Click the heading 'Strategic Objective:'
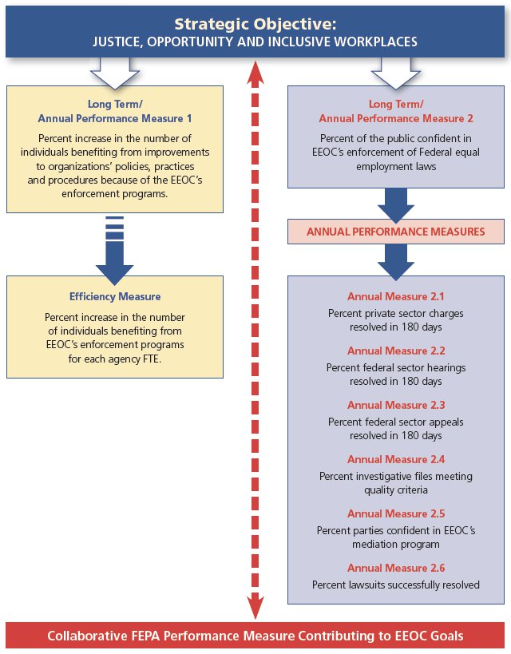(x=255, y=24)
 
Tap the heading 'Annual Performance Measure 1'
(x=115, y=118)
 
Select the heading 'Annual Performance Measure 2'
(x=396, y=118)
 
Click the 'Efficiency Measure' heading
(x=115, y=296)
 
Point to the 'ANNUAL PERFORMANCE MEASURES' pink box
(x=396, y=232)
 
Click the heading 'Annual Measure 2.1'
(x=396, y=296)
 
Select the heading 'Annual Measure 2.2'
(x=396, y=351)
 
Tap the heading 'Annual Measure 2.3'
(x=396, y=405)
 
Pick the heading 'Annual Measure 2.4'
(x=396, y=459)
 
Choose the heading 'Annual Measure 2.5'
(x=396, y=513)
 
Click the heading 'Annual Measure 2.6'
(x=396, y=568)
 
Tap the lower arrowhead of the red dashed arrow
(x=255, y=606)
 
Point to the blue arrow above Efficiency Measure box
(x=115, y=251)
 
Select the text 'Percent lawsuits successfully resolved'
(x=396, y=585)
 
